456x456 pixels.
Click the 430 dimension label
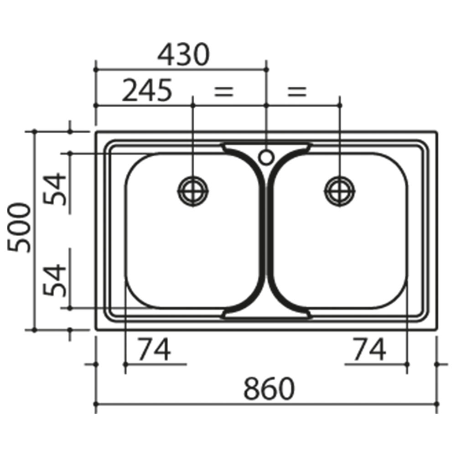click(x=183, y=55)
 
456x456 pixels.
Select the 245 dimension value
click(x=147, y=90)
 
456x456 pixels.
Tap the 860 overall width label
click(x=269, y=388)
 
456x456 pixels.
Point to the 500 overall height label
click(x=19, y=228)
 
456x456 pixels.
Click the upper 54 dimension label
click(x=55, y=189)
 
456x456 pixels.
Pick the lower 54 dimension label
click(x=55, y=280)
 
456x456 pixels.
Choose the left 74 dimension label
click(x=154, y=349)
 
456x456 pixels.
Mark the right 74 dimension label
click(x=369, y=349)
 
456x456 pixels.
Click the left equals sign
click(x=223, y=92)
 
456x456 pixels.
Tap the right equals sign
click(x=297, y=92)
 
